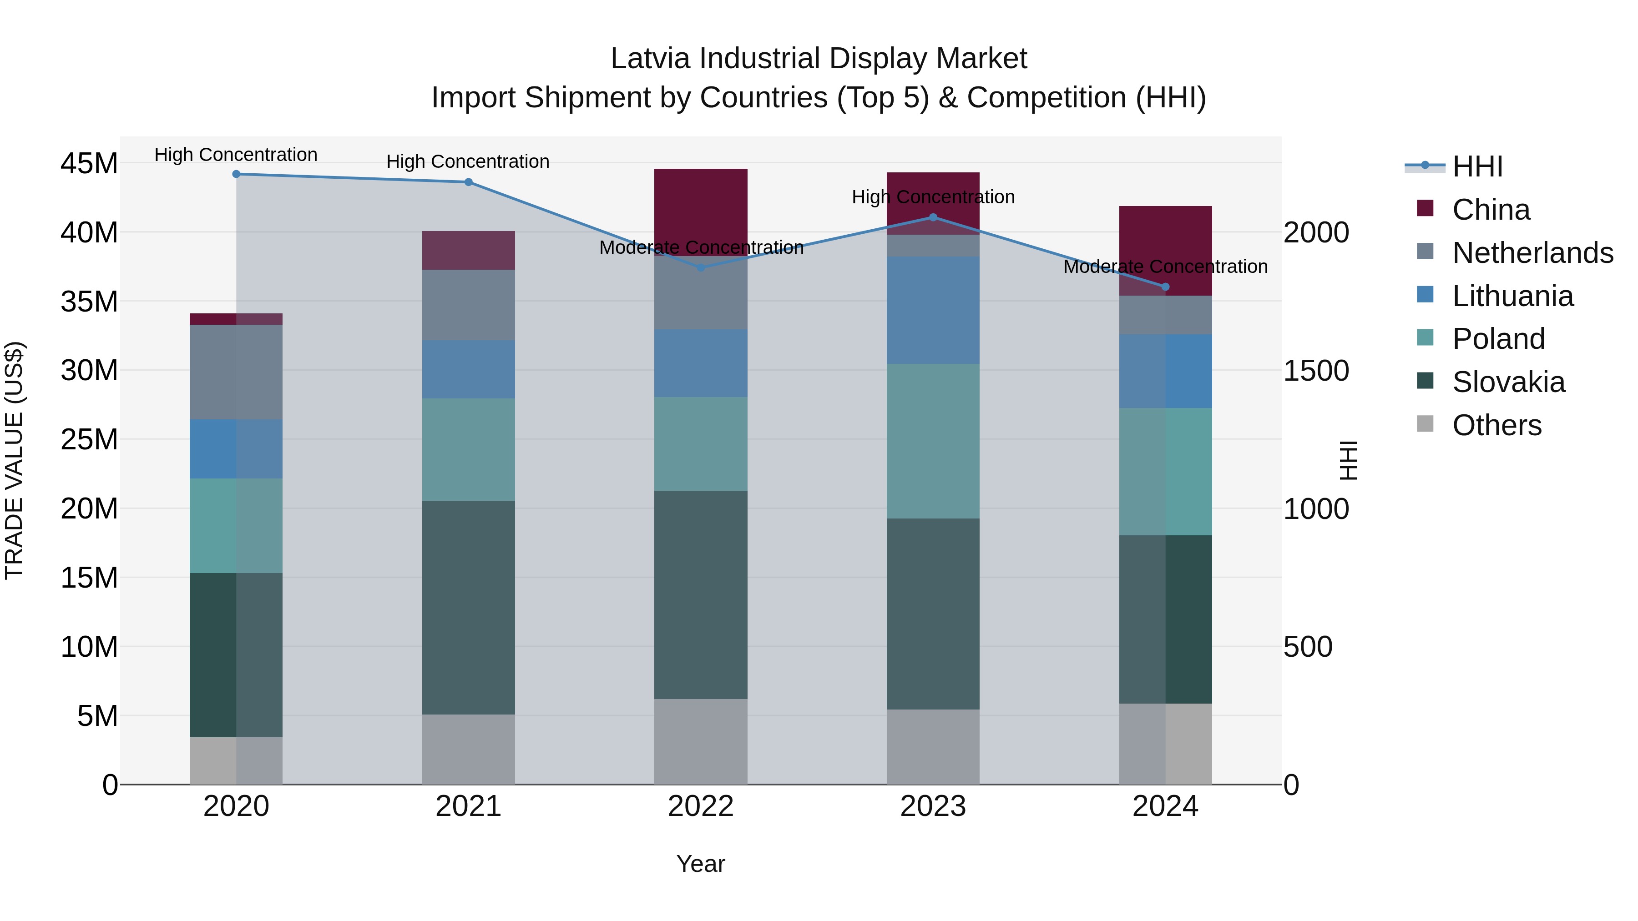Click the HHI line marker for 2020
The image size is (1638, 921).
click(236, 174)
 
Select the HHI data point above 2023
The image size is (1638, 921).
click(933, 217)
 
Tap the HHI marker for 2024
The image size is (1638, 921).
click(1165, 287)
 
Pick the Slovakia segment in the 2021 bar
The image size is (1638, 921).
click(469, 607)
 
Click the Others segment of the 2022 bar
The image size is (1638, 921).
click(701, 741)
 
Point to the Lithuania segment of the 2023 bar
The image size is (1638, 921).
click(933, 310)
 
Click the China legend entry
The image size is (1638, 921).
click(1491, 210)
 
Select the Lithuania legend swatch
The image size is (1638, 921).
click(1425, 295)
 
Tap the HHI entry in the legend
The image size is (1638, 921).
click(1477, 166)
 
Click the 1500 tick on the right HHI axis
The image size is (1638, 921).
click(1315, 371)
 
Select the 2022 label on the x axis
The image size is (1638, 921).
click(701, 806)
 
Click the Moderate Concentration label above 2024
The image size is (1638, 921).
click(1165, 267)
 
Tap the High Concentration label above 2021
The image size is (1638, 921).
click(468, 161)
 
